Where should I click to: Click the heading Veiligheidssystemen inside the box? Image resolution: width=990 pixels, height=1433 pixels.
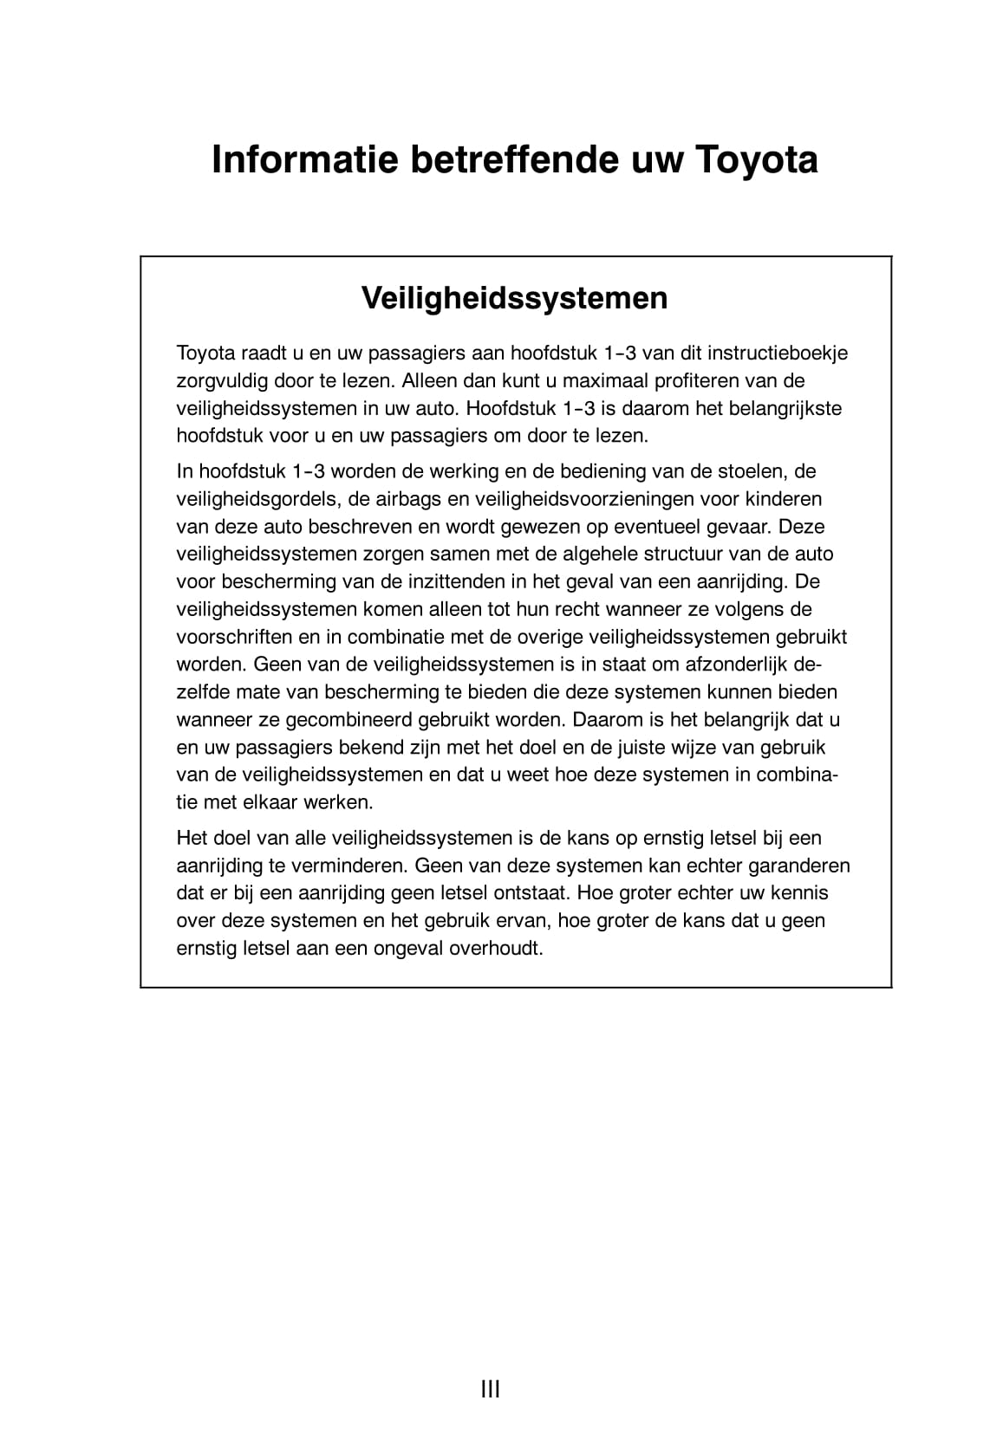515,298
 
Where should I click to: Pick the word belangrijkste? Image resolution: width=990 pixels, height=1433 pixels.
784,408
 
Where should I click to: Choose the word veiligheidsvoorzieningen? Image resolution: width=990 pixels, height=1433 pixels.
563,499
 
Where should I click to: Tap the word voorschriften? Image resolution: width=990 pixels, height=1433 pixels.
233,637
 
